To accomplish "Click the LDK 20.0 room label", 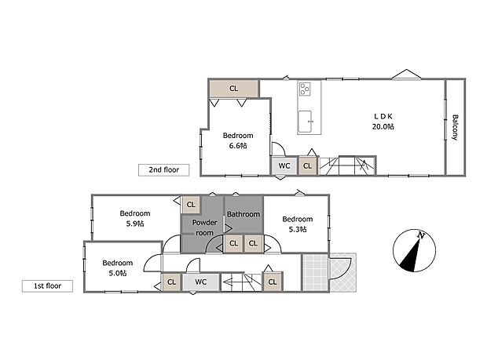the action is pyautogui.click(x=383, y=122).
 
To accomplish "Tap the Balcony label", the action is pyautogui.click(x=455, y=128).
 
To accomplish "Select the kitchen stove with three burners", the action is pyautogui.click(x=305, y=89).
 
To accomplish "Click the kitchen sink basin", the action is pyautogui.click(x=305, y=122).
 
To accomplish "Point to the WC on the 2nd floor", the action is pyautogui.click(x=284, y=166).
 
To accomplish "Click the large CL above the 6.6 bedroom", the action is pyautogui.click(x=233, y=89).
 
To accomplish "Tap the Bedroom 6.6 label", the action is pyautogui.click(x=238, y=140).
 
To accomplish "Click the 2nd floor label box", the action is pyautogui.click(x=163, y=170).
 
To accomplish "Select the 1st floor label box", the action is pyautogui.click(x=47, y=286).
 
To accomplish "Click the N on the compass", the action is pyautogui.click(x=421, y=235).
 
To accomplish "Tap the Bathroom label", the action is pyautogui.click(x=243, y=214).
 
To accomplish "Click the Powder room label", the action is pyautogui.click(x=204, y=227).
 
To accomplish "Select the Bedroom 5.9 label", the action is pyautogui.click(x=135, y=218).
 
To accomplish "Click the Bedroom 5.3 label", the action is pyautogui.click(x=298, y=224).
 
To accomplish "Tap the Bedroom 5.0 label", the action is pyautogui.click(x=117, y=268).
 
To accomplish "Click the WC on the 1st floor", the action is pyautogui.click(x=201, y=282).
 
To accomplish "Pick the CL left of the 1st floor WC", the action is pyautogui.click(x=171, y=282).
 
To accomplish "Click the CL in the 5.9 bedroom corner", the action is pyautogui.click(x=191, y=205).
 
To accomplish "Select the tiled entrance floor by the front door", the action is pyautogui.click(x=316, y=272).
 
